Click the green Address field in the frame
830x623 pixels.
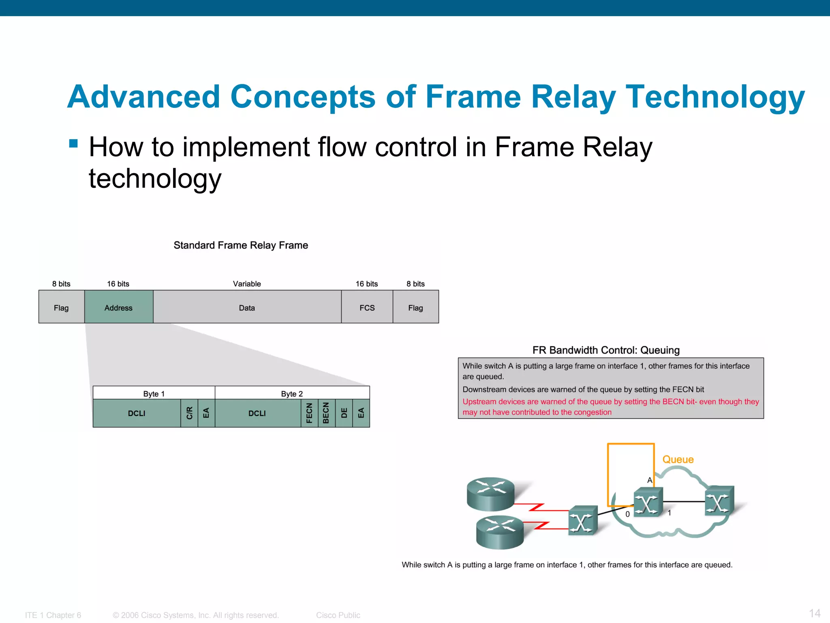(118, 307)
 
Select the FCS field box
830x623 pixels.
(367, 307)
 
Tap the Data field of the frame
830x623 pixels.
(247, 307)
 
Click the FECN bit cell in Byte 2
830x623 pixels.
(309, 413)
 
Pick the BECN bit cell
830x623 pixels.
(326, 413)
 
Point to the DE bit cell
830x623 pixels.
(344, 413)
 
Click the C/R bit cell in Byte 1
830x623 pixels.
(189, 413)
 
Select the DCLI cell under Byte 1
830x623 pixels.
(137, 413)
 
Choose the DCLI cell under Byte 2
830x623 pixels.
(257, 413)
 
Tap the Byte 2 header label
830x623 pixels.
(292, 393)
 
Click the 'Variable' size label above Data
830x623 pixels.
(247, 284)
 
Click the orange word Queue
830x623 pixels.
(678, 459)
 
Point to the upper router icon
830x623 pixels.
(490, 493)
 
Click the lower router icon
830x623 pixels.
(500, 532)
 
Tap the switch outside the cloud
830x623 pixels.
(582, 521)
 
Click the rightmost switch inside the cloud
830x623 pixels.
(719, 501)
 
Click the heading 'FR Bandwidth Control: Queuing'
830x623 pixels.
(605, 350)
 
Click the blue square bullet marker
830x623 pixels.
(73, 143)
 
